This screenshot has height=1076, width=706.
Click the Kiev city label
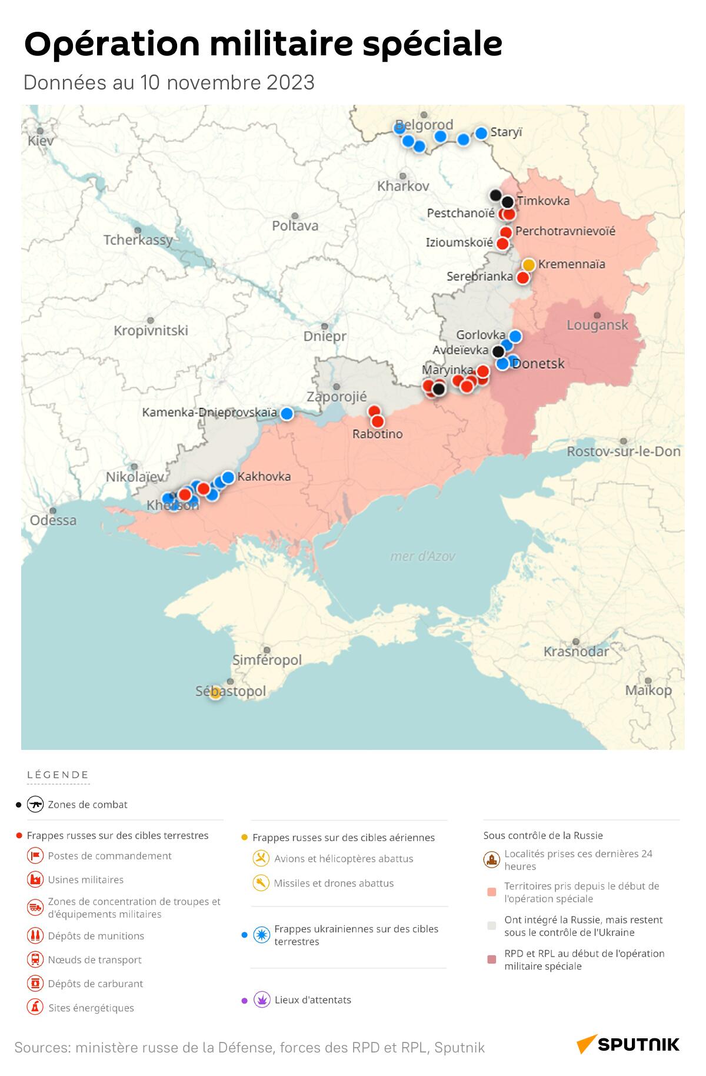[41, 140]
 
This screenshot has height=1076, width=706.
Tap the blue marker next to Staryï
[481, 133]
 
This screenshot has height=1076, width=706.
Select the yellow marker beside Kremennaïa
[529, 265]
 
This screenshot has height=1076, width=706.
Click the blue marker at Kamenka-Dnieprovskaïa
[287, 414]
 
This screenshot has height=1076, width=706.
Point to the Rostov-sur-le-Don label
[623, 451]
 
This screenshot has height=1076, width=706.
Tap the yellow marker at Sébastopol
[215, 693]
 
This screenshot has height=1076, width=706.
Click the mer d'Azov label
[422, 556]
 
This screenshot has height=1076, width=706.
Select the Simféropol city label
[267, 660]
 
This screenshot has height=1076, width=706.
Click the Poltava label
[295, 225]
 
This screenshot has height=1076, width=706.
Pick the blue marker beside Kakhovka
[228, 477]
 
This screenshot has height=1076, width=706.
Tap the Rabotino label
[377, 434]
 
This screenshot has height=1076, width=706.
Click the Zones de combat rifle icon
[36, 804]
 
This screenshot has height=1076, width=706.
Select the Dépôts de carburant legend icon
[36, 983]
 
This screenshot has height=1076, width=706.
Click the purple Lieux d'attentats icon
[262, 999]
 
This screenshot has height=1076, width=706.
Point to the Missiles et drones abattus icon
[261, 883]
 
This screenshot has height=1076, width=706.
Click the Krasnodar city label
[576, 652]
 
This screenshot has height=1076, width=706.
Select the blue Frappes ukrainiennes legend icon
[262, 934]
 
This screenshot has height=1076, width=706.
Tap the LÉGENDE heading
[58, 775]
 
